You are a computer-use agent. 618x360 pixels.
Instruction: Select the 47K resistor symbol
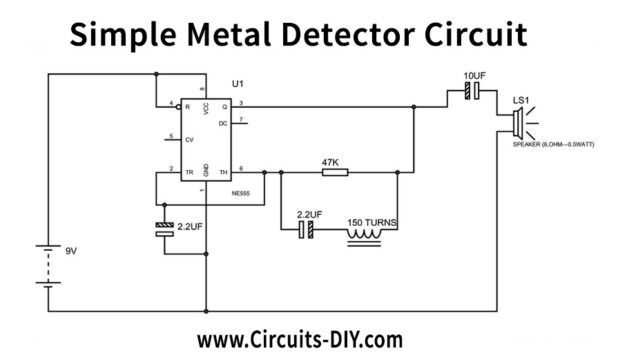coord(335,172)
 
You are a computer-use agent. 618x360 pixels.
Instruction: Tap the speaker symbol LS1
coord(519,125)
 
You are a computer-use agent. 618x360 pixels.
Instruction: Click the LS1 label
coord(521,101)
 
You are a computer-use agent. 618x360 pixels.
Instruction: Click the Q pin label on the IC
coord(225,105)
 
